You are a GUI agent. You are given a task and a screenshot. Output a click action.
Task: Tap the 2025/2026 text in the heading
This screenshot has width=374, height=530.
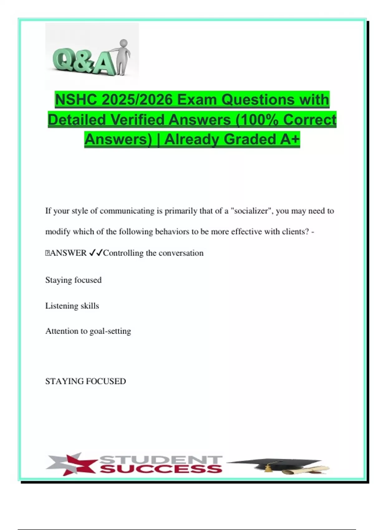click(137, 100)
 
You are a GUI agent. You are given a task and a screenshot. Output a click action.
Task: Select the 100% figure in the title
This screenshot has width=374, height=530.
click(259, 120)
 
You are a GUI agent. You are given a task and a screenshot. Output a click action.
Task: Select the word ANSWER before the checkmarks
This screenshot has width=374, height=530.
click(68, 253)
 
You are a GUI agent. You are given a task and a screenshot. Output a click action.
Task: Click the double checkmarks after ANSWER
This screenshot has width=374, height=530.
click(96, 253)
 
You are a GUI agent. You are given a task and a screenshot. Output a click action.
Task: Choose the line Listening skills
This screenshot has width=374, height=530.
click(72, 306)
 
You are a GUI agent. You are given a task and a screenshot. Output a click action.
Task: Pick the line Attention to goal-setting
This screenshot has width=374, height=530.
click(88, 331)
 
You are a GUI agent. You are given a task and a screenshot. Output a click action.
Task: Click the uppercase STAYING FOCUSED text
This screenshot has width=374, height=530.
click(85, 381)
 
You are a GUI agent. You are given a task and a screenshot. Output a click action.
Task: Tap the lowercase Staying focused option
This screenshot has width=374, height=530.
click(73, 280)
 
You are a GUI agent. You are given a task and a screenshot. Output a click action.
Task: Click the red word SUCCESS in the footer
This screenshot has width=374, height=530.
click(161, 469)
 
